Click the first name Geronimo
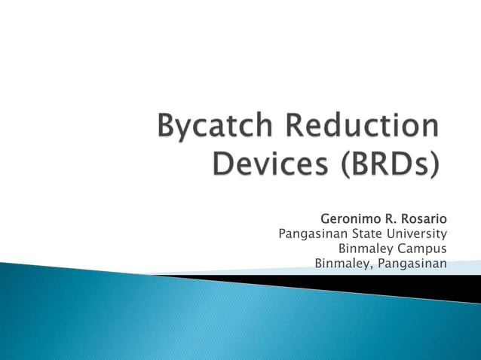[353, 218]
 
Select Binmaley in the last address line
[341, 264]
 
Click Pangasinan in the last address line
[412, 264]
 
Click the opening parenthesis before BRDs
[342, 163]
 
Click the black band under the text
[392, 285]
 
